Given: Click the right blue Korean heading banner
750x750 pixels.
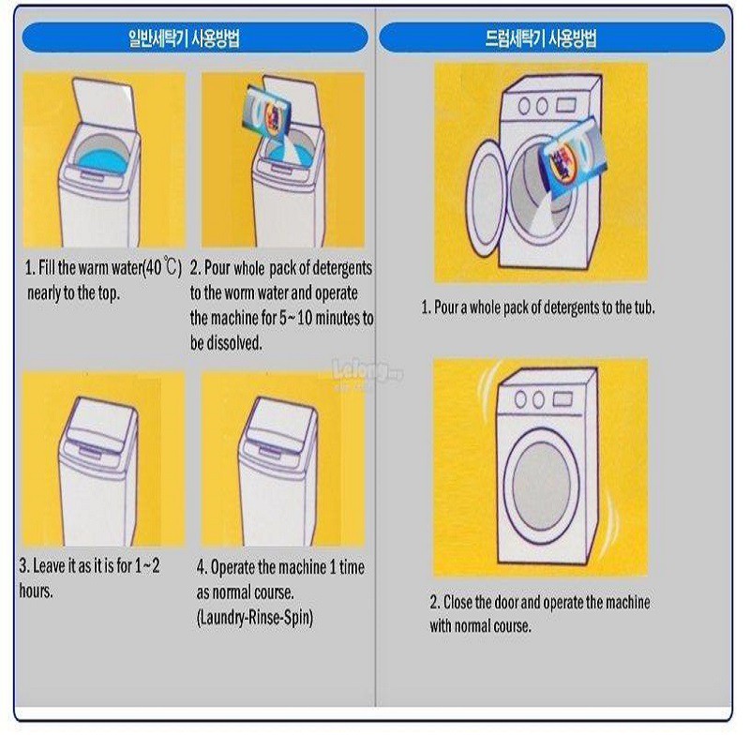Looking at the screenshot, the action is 551,38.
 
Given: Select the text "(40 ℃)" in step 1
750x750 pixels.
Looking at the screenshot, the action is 159,268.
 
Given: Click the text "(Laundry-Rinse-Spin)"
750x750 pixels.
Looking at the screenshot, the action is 255,618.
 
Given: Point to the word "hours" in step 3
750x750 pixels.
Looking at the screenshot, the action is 36,592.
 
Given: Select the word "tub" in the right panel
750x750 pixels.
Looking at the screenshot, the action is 644,307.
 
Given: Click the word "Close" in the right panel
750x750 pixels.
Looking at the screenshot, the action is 461,602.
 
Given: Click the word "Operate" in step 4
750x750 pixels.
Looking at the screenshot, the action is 235,567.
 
